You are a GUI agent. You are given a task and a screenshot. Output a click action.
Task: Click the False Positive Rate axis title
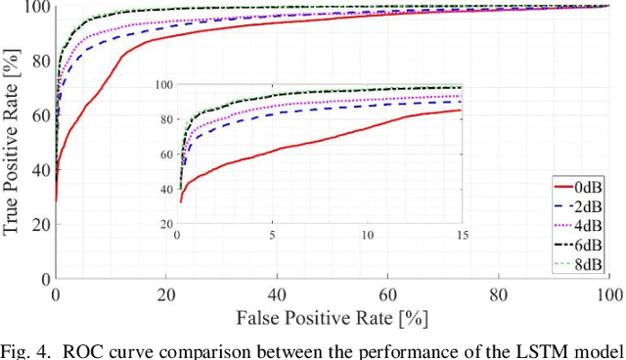[334, 317]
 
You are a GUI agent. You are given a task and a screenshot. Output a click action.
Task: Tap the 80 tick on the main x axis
[499, 294]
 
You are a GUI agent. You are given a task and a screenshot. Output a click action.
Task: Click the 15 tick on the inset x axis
[461, 236]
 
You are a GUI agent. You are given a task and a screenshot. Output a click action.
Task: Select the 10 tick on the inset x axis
[367, 236]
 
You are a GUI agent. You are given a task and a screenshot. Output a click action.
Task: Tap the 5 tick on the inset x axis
[272, 236]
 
